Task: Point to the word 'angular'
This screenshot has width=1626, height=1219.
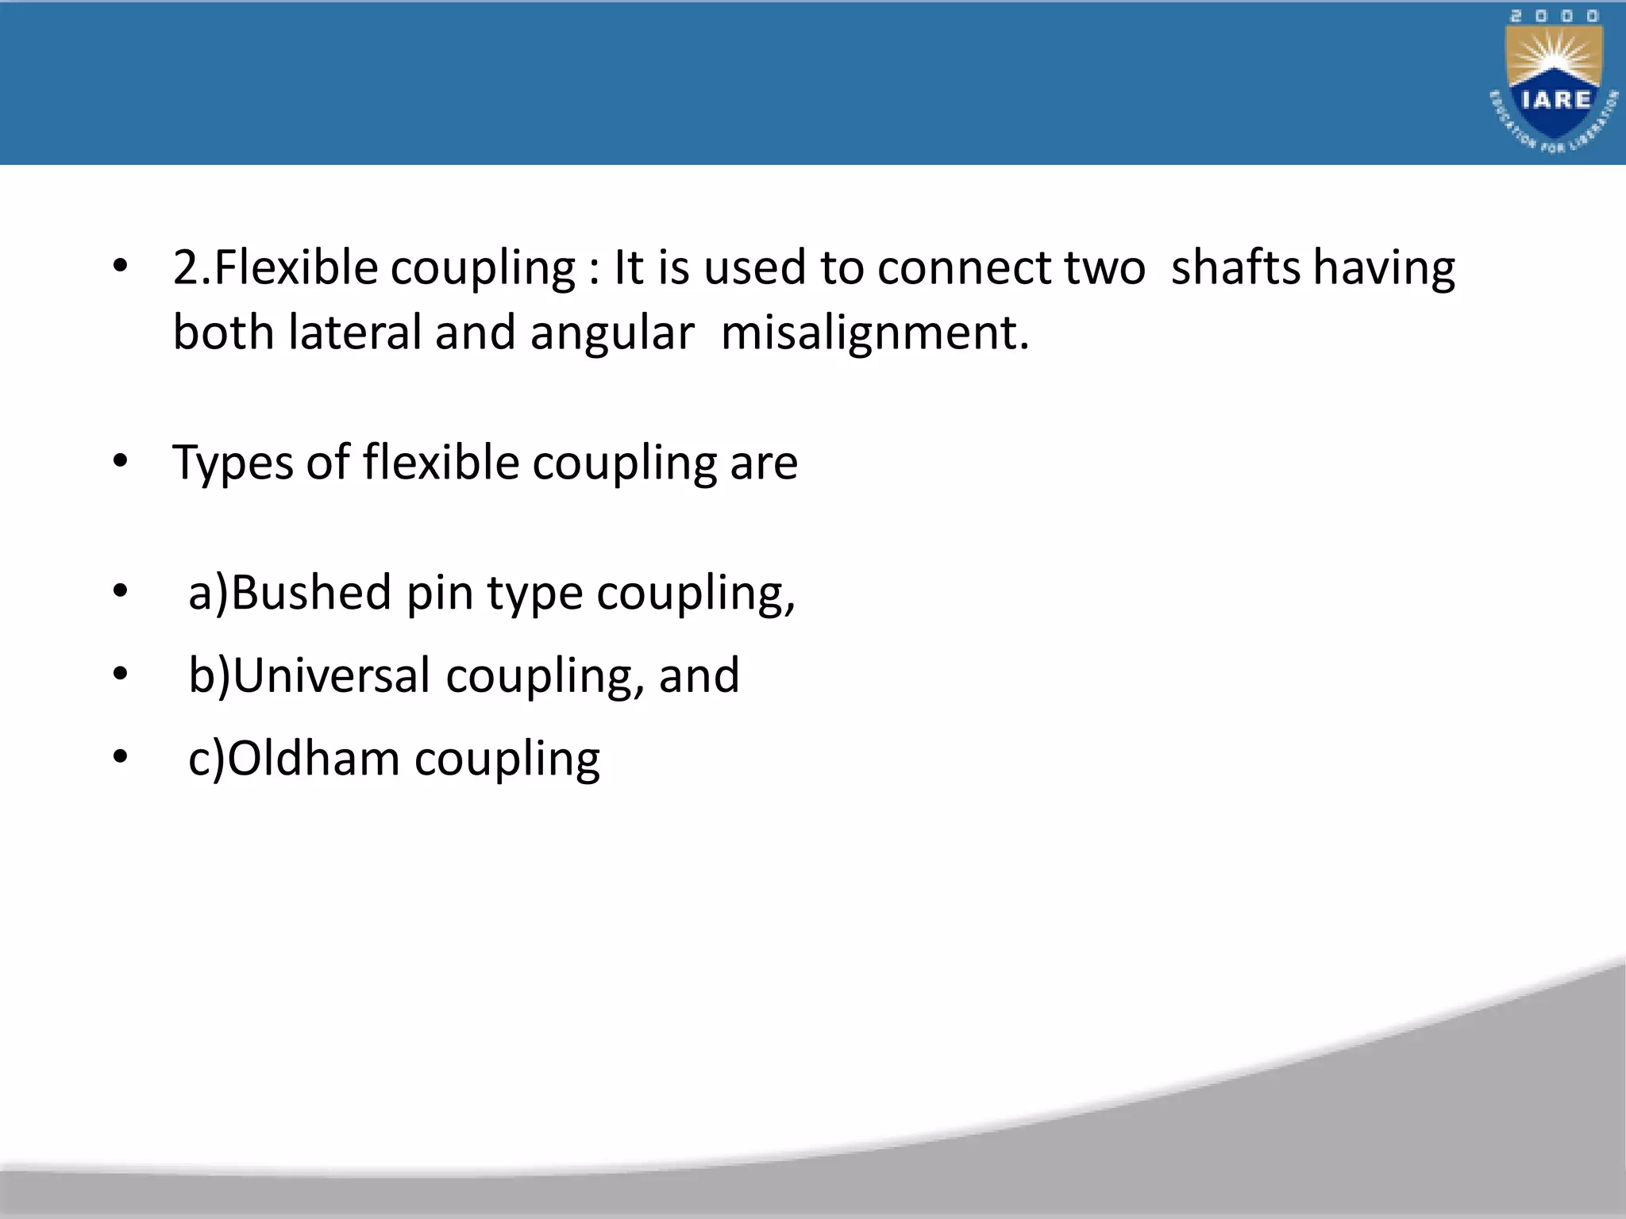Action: (x=612, y=333)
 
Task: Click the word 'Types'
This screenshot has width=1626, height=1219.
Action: (x=233, y=463)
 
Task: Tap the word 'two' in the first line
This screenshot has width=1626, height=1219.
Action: (x=1104, y=267)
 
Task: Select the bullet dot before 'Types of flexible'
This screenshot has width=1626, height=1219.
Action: (x=120, y=461)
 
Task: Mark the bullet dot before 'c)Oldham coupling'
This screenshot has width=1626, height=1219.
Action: (x=120, y=757)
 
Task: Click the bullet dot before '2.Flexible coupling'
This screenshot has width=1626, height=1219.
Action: (x=120, y=266)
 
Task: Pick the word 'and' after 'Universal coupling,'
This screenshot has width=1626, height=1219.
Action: (x=699, y=676)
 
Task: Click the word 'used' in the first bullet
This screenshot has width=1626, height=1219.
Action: (x=754, y=267)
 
